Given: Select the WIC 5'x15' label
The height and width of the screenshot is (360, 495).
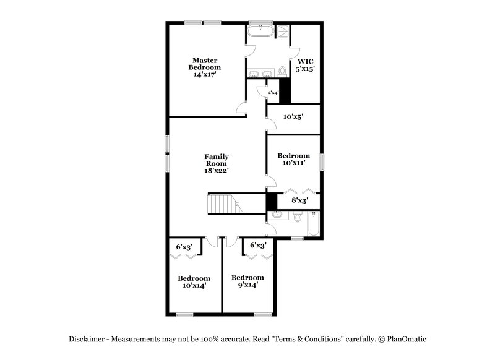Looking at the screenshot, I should tap(306, 66).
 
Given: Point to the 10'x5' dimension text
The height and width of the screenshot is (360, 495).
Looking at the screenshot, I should tap(293, 116).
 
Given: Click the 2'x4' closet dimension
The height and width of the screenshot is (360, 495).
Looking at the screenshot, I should tap(272, 93).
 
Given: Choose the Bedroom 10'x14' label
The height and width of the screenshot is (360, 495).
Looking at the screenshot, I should tap(194, 281).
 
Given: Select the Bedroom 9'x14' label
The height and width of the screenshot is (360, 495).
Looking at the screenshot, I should tap(247, 281).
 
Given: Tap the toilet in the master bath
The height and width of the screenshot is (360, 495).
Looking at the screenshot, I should tap(283, 72).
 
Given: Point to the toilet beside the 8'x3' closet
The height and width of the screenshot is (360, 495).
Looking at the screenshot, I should tap(298, 217).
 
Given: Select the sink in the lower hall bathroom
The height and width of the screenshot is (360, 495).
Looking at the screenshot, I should tap(276, 216).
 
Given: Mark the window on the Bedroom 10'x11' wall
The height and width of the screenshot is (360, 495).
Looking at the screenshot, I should tap(322, 163).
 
